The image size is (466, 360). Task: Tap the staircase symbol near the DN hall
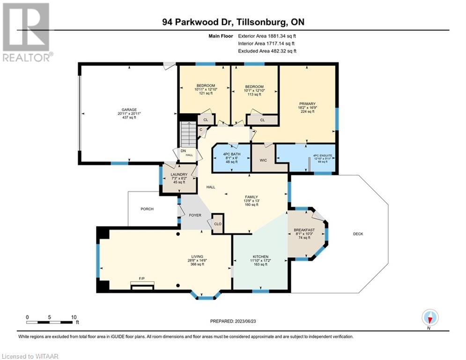tap(188, 135)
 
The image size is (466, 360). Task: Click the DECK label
tap(358, 234)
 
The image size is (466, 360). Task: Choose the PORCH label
tap(147, 209)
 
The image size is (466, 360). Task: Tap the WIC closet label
tap(264, 160)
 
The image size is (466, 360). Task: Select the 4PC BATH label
tap(231, 154)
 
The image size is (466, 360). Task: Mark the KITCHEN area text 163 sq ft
tap(260, 264)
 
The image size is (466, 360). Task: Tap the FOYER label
tap(194, 216)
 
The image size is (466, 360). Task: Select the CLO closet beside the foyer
tap(217, 224)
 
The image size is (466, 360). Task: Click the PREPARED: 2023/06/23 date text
tap(234, 321)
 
